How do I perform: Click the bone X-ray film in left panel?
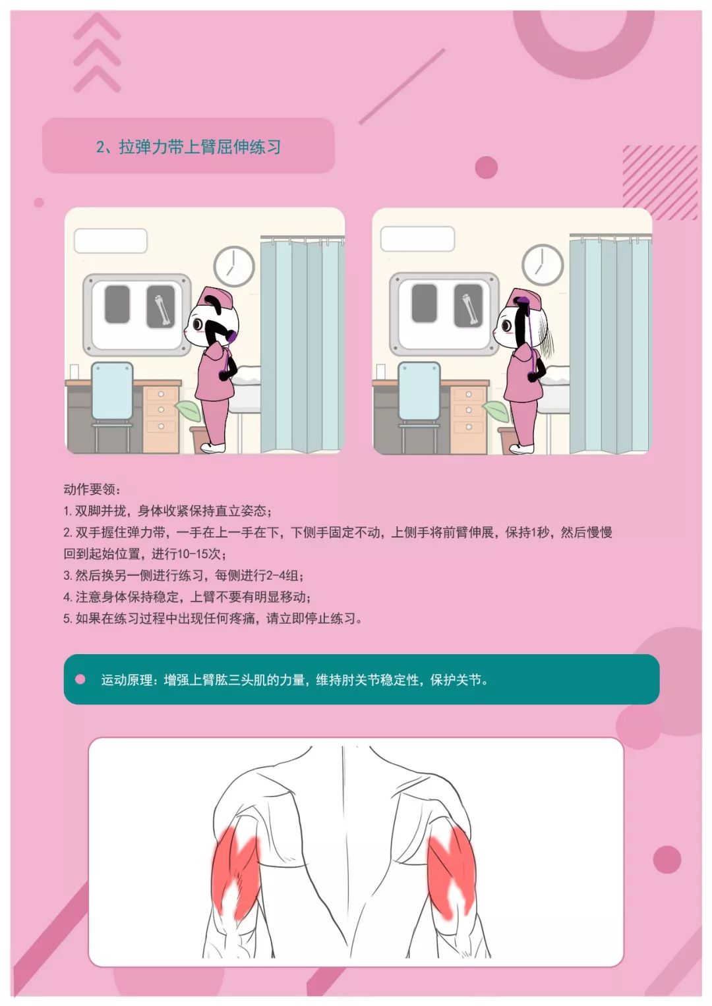(160, 306)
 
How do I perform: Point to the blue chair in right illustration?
(419, 405)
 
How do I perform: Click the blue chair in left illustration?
(112, 405)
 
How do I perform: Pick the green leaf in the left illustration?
(187, 410)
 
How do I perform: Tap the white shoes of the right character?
(521, 448)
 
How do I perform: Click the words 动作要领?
(89, 489)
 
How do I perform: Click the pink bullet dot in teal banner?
(80, 679)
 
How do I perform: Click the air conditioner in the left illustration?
(111, 240)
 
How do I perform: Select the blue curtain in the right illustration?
(610, 344)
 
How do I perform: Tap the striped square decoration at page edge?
(659, 182)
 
